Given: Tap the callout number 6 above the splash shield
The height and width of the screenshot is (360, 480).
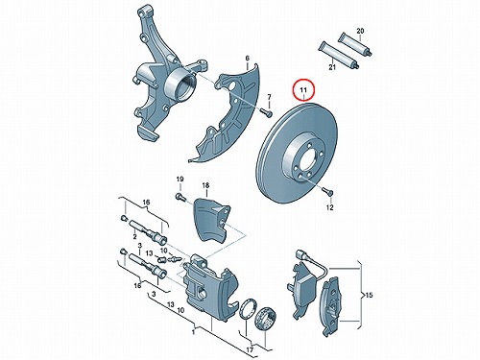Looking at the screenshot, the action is [247, 59].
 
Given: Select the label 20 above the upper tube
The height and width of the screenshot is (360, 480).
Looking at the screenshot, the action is [360, 31].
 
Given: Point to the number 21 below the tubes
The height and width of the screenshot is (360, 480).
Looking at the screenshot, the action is [332, 67].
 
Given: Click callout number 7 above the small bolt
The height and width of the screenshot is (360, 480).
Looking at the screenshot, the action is [269, 96].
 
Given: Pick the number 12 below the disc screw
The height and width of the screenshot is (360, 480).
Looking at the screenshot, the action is [329, 207].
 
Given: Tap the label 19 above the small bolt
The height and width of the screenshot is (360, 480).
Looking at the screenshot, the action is [180, 179].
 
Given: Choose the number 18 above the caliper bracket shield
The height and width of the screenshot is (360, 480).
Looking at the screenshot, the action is [205, 185].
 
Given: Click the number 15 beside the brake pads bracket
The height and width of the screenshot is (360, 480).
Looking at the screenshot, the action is [369, 295].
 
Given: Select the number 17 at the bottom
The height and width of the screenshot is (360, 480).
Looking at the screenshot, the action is [250, 349].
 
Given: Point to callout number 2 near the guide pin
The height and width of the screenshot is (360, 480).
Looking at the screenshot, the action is [134, 236].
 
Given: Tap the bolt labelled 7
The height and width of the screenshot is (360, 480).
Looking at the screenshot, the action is [266, 112].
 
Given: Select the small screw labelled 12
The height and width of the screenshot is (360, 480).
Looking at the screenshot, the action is [327, 191].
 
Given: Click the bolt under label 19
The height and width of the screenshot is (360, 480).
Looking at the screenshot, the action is [181, 196].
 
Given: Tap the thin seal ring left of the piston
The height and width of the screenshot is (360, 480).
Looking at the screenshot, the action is [247, 309].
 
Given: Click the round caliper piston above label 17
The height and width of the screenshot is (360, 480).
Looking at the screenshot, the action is [265, 318].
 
